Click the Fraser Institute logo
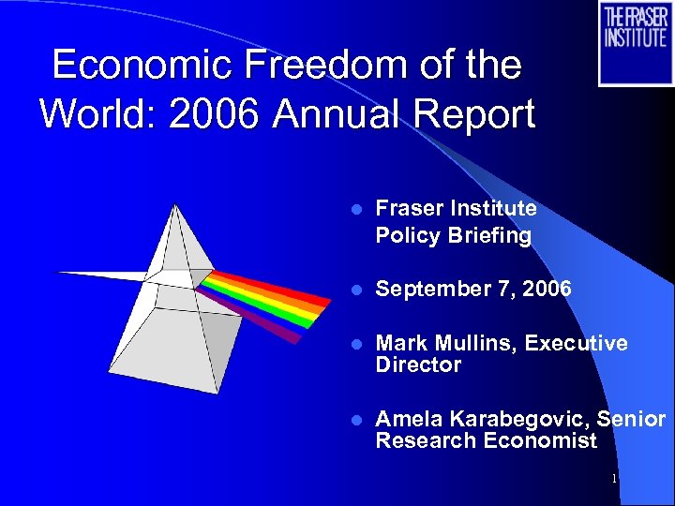pyautogui.click(x=635, y=43)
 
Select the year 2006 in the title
pyautogui.click(x=220, y=114)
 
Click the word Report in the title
pyautogui.click(x=478, y=114)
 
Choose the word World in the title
pyautogui.click(x=92, y=114)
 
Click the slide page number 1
pyautogui.click(x=613, y=479)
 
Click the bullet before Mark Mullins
pyautogui.click(x=349, y=345)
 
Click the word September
pyautogui.click(x=427, y=289)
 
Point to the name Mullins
pyautogui.click(x=473, y=344)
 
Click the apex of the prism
pyautogui.click(x=172, y=206)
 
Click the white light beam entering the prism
pyautogui.click(x=103, y=275)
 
